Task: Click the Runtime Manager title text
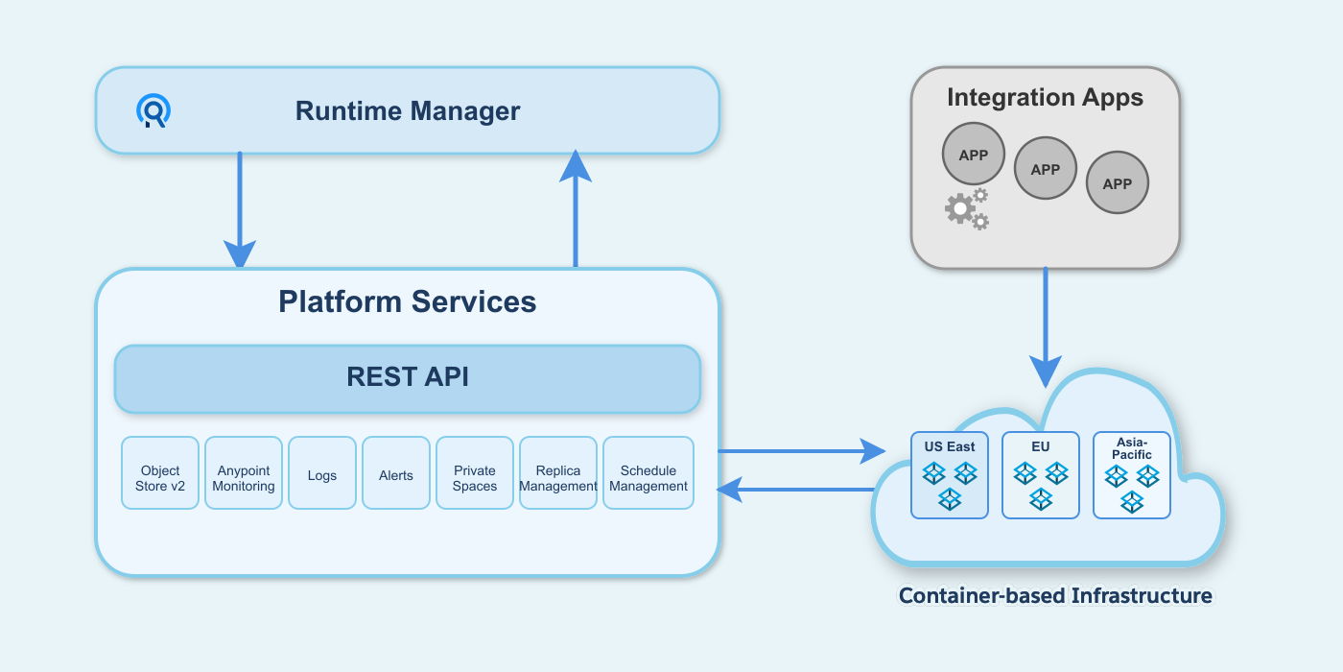point(408,111)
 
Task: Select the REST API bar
point(408,378)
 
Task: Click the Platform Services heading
point(408,301)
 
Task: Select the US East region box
point(950,475)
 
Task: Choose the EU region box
point(1041,475)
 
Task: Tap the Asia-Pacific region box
point(1132,475)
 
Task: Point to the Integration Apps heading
point(1045,98)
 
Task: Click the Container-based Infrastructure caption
point(1055,596)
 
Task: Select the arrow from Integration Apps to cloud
point(1046,326)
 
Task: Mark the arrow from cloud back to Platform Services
point(796,490)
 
